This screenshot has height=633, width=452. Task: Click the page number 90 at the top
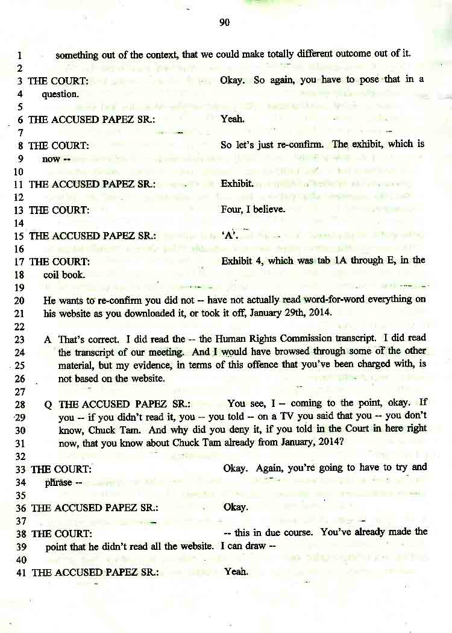coord(225,23)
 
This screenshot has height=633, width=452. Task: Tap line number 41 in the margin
coord(19,572)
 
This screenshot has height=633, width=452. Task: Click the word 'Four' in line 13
coord(231,210)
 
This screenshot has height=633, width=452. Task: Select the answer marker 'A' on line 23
coord(47,339)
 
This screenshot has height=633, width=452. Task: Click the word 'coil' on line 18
coord(52,274)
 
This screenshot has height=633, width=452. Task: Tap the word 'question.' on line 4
coord(60,94)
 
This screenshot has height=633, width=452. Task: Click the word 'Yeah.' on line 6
coord(233,119)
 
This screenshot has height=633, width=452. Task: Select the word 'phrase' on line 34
coord(58,482)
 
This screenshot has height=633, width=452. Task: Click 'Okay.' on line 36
coord(236,507)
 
